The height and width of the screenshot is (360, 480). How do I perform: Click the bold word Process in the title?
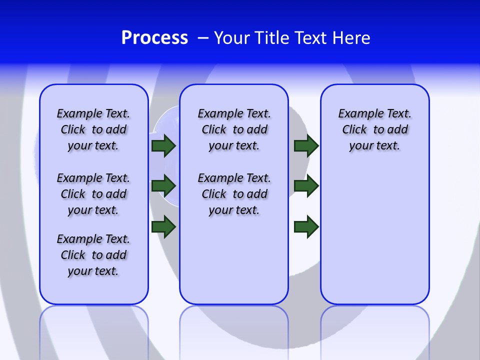click(x=154, y=38)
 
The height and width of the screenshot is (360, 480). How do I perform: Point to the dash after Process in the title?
click(x=203, y=38)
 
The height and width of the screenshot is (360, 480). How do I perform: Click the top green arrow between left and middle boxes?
click(x=163, y=146)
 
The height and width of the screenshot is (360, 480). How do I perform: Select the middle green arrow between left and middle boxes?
click(x=163, y=186)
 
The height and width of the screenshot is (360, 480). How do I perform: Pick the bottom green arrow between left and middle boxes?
click(x=163, y=226)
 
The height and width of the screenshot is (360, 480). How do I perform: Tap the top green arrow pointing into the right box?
click(x=306, y=146)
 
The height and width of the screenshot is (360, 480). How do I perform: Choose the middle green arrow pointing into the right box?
click(x=306, y=186)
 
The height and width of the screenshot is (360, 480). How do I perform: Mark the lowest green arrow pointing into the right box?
click(x=306, y=226)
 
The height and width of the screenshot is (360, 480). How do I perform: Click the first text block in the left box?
click(x=93, y=129)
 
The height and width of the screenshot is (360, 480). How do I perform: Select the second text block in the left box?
click(x=93, y=194)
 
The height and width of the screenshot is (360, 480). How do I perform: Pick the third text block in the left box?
click(x=93, y=255)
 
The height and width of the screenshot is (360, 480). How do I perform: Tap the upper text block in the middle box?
click(x=234, y=129)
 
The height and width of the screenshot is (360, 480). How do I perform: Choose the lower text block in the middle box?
click(x=234, y=194)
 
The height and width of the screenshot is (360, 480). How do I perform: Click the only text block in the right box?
click(x=374, y=129)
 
